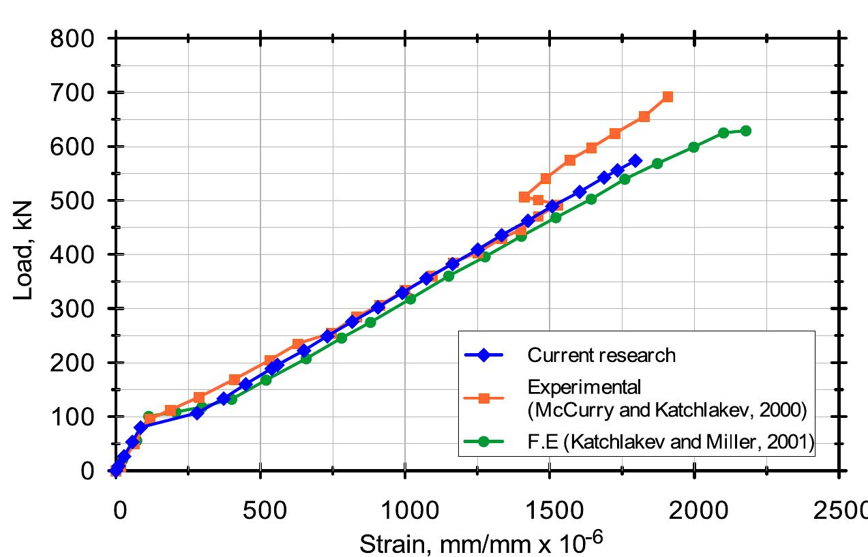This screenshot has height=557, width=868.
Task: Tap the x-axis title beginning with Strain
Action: pos(481,543)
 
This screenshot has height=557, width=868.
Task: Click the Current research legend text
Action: pos(601,355)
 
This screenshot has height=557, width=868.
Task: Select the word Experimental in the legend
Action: pos(584,388)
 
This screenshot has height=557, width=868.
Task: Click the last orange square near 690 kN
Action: pos(668,97)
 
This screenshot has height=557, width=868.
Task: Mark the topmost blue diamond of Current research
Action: pos(635,160)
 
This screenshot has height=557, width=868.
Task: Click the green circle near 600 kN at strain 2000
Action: pos(693,147)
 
